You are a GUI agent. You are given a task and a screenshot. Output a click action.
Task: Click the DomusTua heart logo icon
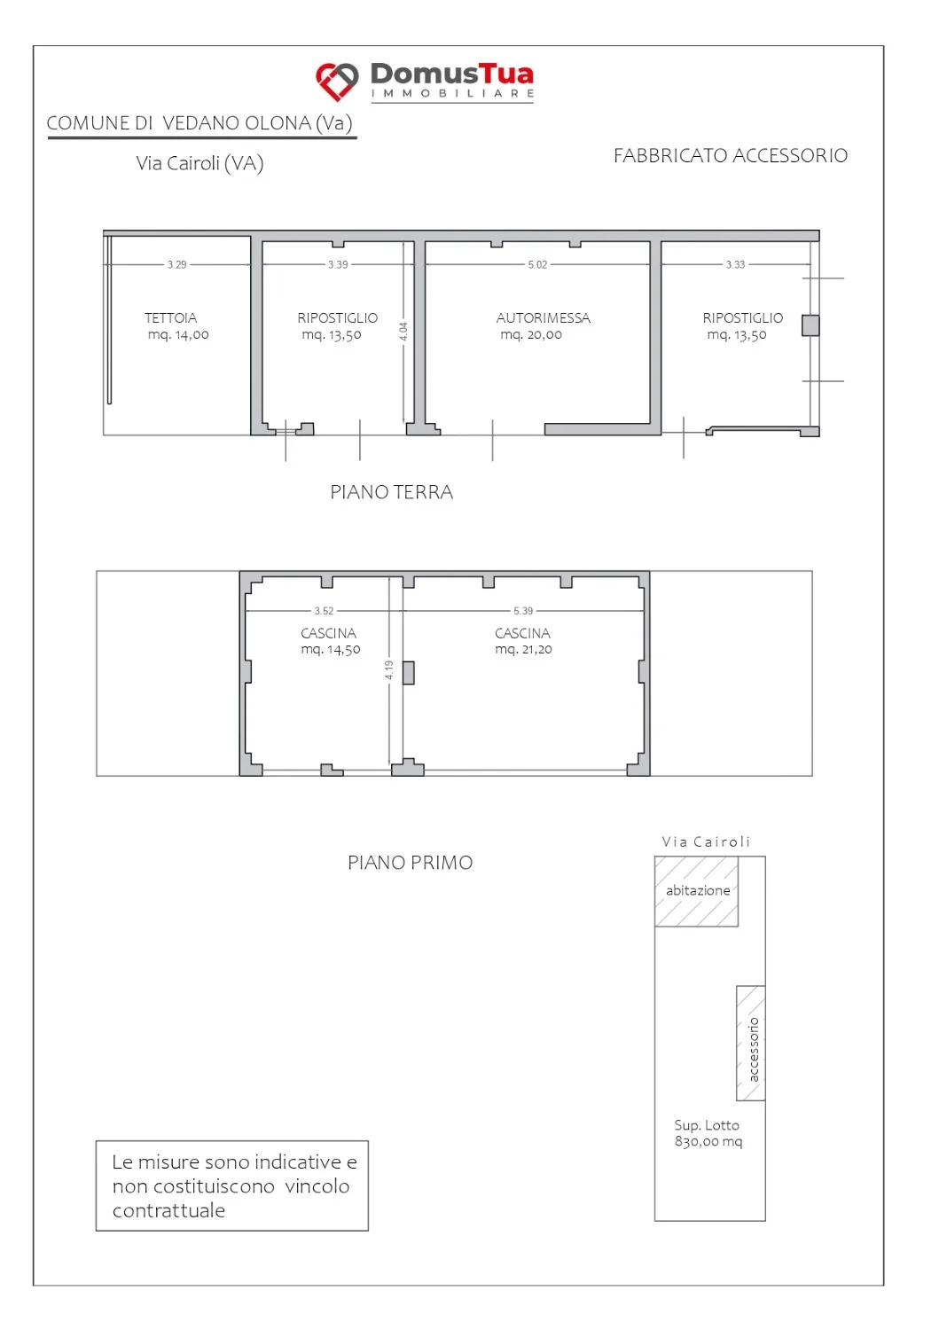[337, 82]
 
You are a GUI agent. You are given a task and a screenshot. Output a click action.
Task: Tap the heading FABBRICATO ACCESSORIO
[730, 155]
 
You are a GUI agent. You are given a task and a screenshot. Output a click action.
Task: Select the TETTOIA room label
[171, 318]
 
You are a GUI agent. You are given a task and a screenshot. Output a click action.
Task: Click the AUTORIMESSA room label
[543, 318]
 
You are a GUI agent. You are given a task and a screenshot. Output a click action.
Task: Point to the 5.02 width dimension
[537, 265]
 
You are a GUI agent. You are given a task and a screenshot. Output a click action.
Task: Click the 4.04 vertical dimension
[403, 332]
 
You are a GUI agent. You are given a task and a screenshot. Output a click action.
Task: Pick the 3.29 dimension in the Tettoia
[176, 265]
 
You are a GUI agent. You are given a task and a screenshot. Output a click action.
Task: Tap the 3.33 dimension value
[735, 265]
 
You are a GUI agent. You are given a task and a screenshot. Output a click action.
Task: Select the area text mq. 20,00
[531, 335]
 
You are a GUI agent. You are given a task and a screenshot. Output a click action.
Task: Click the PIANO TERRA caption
[391, 492]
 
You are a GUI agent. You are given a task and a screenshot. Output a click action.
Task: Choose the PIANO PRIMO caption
[410, 863]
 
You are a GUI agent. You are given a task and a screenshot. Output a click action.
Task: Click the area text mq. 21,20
[523, 650]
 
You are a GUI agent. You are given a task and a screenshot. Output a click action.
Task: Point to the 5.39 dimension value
[522, 611]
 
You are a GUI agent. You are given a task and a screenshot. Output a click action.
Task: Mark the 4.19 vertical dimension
[389, 670]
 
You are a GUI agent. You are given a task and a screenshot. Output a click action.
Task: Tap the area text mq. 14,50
[330, 650]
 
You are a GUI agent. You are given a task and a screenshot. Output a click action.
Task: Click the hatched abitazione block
[696, 891]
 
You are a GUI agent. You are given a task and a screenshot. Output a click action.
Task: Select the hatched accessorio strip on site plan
[751, 1044]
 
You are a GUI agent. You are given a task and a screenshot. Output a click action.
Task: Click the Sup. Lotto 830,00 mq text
[708, 1133]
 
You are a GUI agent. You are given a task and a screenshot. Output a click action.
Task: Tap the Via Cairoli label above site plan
[706, 842]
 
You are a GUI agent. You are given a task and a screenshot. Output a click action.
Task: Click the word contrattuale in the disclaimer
[168, 1210]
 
